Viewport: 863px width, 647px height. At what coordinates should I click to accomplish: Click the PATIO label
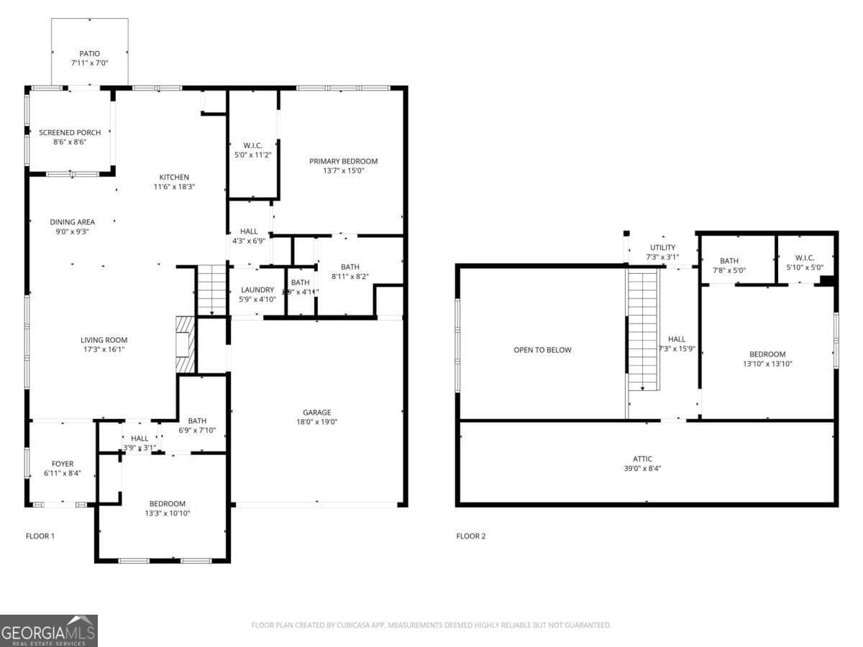(90, 54)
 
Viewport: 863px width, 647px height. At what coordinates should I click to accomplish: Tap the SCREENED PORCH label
(70, 132)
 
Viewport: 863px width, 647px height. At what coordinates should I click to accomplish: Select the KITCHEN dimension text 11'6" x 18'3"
(174, 187)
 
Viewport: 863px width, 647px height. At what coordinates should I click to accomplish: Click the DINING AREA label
(72, 222)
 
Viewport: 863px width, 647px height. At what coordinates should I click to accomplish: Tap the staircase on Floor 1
(211, 290)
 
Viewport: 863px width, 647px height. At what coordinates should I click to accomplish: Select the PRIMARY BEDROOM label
(343, 161)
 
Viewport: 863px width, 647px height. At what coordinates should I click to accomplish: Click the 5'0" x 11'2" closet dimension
(252, 155)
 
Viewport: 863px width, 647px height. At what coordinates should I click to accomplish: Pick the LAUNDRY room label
(257, 290)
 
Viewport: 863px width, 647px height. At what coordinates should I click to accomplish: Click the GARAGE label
(316, 413)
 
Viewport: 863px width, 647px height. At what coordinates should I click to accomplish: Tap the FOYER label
(62, 464)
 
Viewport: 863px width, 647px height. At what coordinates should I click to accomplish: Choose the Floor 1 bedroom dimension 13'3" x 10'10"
(168, 513)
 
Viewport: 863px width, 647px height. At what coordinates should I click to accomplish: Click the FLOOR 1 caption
(40, 536)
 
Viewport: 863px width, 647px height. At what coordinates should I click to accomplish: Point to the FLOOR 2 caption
(471, 536)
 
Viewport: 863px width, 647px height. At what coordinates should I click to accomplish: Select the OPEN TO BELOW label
(542, 350)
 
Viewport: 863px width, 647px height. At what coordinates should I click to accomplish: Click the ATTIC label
(643, 459)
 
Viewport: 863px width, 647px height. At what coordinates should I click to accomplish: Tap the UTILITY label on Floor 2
(662, 248)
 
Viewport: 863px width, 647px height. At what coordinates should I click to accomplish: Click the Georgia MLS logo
(49, 630)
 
